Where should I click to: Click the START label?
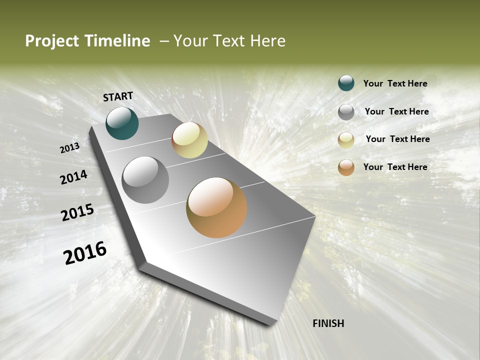click(x=118, y=96)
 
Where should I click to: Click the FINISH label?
click(x=328, y=323)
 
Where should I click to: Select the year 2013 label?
click(x=69, y=148)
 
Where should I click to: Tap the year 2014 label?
click(x=73, y=177)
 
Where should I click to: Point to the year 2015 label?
click(x=77, y=212)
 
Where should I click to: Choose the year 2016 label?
click(x=85, y=253)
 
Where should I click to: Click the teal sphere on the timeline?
click(x=122, y=123)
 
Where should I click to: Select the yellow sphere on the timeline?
click(x=189, y=140)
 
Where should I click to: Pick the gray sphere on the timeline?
click(x=145, y=180)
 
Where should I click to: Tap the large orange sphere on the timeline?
click(x=216, y=207)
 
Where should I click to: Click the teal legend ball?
click(x=346, y=83)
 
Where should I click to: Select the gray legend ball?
click(x=346, y=112)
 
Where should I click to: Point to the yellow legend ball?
click(x=346, y=140)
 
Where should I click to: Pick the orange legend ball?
click(x=346, y=167)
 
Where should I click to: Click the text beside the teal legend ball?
click(x=395, y=83)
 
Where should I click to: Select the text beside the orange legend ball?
click(x=395, y=167)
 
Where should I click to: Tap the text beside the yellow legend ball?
click(x=397, y=139)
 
